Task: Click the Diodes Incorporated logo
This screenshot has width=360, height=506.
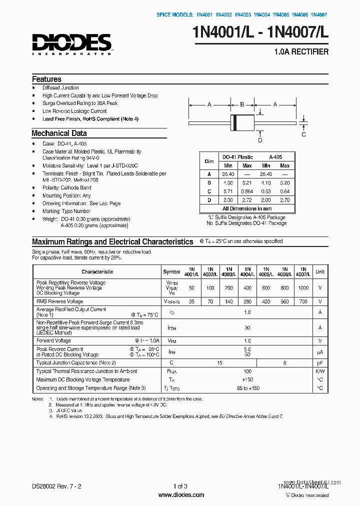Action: pyautogui.click(x=72, y=43)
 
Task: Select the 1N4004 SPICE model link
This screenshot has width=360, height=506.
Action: pyautogui.click(x=261, y=15)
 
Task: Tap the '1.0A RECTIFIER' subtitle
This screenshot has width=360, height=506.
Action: pyautogui.click(x=301, y=52)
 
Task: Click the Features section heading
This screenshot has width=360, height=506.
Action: pyautogui.click(x=46, y=79)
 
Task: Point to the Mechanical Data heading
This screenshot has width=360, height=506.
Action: pyautogui.click(x=59, y=133)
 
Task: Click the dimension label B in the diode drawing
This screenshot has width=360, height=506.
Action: pyautogui.click(x=242, y=104)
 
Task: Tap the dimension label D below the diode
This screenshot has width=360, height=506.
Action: pyautogui.click(x=260, y=140)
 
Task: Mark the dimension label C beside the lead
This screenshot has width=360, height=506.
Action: pyautogui.click(x=303, y=134)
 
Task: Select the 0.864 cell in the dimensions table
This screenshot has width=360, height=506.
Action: pyautogui.click(x=247, y=191)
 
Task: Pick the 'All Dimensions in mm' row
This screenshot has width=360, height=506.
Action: pyautogui.click(x=247, y=208)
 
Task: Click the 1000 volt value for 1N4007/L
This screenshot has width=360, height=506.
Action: pyautogui.click(x=303, y=288)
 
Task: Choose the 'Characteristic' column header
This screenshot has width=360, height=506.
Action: pyautogui.click(x=97, y=272)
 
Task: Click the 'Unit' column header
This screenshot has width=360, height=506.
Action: pyautogui.click(x=319, y=272)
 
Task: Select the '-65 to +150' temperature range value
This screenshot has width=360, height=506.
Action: pyautogui.click(x=247, y=388)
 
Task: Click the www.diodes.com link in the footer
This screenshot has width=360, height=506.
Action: pyautogui.click(x=180, y=495)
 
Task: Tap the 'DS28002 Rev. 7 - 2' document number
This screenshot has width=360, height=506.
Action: pyautogui.click(x=56, y=486)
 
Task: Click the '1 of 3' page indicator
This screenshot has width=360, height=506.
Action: pyautogui.click(x=180, y=486)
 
